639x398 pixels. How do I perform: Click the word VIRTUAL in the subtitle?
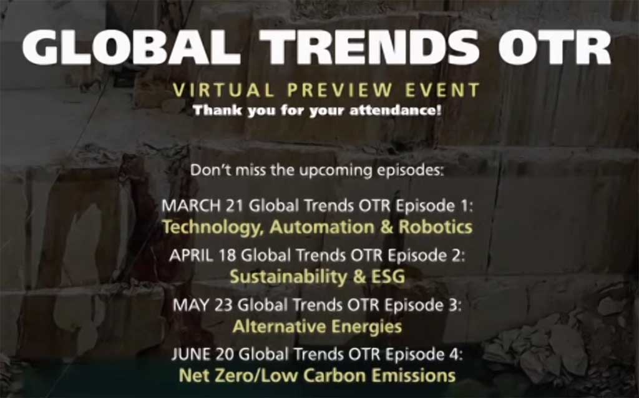223,90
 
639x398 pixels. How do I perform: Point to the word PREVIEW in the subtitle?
339,90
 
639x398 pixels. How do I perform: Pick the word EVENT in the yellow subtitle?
442,90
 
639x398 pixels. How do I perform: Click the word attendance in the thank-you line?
395,111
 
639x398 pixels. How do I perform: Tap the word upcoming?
336,170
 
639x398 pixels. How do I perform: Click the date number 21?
235,206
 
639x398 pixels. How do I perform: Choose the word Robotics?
435,227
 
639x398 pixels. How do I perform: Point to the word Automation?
321,227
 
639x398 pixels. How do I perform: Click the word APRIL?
191,256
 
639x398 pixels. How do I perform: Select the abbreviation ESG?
388,277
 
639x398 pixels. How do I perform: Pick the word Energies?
366,327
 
